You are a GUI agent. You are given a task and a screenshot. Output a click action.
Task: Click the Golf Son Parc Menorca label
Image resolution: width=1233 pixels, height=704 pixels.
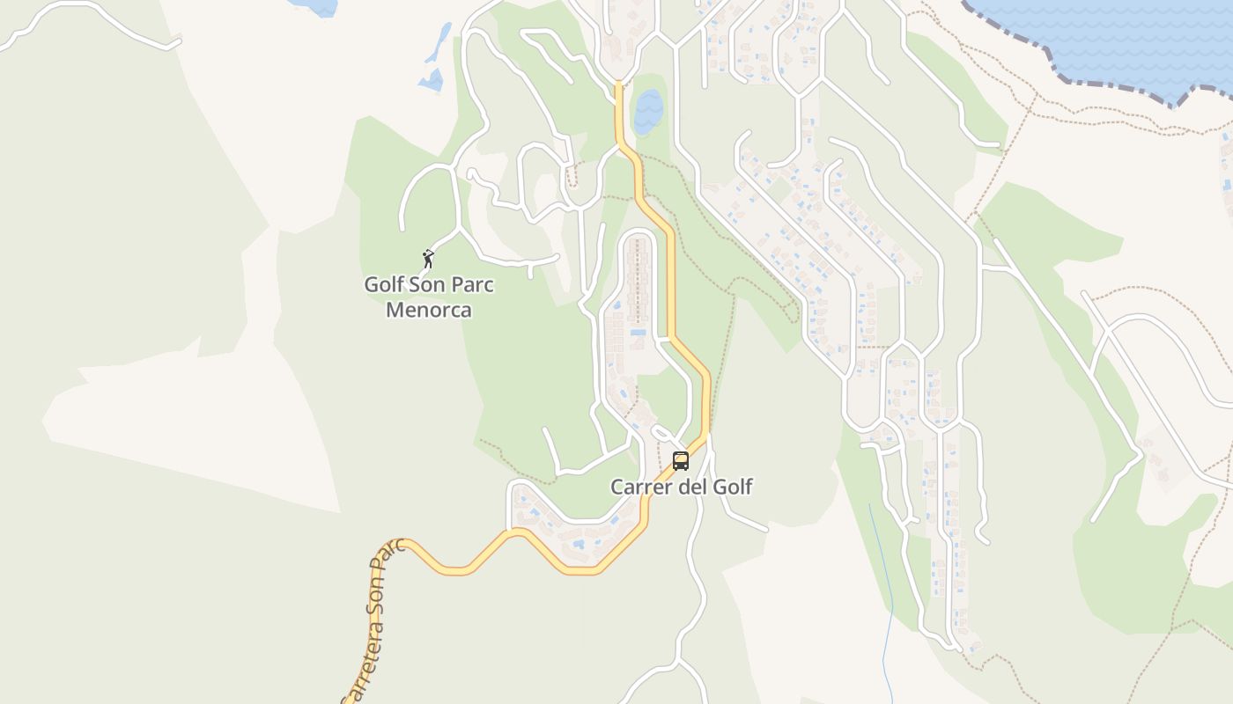click(x=429, y=297)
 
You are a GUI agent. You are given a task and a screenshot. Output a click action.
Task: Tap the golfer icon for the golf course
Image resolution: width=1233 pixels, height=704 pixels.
click(x=428, y=259)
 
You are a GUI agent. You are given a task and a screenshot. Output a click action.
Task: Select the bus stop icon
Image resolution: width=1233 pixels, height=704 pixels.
click(x=681, y=460)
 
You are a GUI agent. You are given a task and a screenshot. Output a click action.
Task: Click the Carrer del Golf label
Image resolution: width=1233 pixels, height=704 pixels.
click(x=682, y=487)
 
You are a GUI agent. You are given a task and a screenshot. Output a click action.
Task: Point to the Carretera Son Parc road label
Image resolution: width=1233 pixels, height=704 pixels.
click(x=373, y=620)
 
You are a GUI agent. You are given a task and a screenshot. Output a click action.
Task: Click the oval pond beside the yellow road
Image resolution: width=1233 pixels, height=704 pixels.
click(x=648, y=111)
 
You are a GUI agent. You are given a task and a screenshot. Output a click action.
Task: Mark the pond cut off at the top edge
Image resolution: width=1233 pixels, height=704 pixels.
click(x=317, y=6)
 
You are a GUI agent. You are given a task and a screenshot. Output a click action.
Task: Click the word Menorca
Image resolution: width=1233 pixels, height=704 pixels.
click(x=429, y=310)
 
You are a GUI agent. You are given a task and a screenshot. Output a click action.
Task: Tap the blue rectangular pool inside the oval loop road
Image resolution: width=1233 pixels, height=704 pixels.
click(x=639, y=333)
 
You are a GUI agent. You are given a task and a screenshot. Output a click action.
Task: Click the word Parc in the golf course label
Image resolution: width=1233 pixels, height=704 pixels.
click(x=471, y=285)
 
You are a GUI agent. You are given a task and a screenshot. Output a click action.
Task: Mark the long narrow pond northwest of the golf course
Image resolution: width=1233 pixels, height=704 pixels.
click(x=438, y=44)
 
